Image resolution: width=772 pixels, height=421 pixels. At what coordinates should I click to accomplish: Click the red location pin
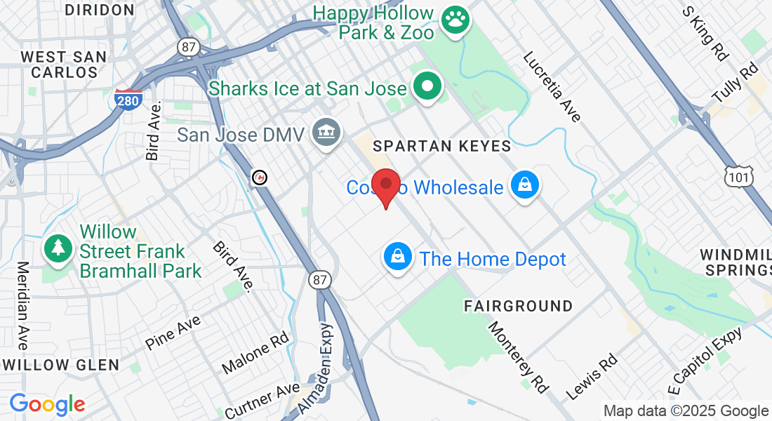[385, 186]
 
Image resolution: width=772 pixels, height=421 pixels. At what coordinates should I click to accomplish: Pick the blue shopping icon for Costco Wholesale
[524, 187]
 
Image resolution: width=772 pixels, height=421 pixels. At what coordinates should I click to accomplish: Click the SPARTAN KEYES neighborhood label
[441, 146]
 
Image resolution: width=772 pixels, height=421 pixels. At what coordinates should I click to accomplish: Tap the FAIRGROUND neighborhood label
[518, 306]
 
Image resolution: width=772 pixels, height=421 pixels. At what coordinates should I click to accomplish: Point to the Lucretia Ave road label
[552, 87]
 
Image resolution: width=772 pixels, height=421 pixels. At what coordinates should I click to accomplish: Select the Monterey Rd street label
[517, 356]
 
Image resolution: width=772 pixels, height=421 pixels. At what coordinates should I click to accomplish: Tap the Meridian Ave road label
[22, 305]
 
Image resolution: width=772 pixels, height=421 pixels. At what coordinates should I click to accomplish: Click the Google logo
[47, 404]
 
